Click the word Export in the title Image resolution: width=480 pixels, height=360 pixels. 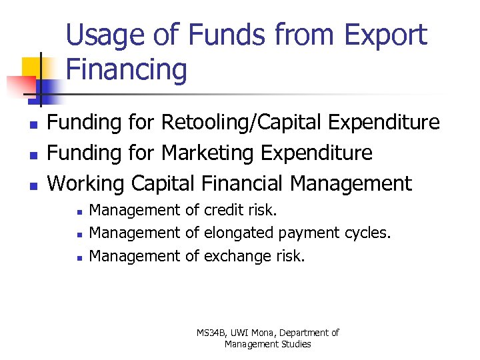[x=385, y=35]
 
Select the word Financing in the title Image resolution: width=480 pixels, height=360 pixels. [x=127, y=70]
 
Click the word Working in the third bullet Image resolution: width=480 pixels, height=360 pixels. [x=87, y=183]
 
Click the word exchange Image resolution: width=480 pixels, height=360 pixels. [x=235, y=255]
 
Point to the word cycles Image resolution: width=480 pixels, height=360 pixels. [x=367, y=233]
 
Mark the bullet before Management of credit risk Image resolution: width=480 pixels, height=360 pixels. [x=79, y=212]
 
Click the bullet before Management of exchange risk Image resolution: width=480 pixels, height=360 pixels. [x=79, y=257]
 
